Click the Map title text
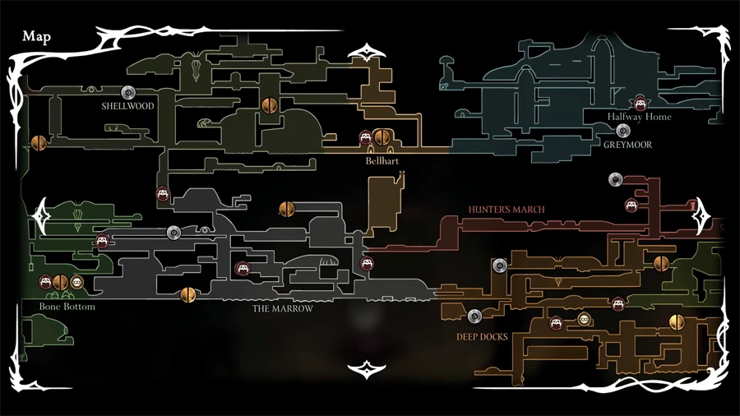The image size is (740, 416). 36,37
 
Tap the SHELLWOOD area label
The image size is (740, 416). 128,106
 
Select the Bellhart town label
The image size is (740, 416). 382,161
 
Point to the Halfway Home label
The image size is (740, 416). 639,117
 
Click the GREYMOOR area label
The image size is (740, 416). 627,145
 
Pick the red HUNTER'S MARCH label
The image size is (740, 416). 506,210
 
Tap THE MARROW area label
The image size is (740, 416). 282,309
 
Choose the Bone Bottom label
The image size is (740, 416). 67,307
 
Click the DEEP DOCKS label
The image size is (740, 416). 482,337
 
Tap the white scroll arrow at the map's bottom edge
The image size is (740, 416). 367,370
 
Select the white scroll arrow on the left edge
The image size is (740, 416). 42,216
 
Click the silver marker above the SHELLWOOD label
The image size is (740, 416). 128,92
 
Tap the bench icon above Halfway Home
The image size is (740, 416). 640,104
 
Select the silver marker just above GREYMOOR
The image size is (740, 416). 623,131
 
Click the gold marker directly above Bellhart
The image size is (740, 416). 382,137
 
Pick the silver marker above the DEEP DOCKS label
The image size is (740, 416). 474,316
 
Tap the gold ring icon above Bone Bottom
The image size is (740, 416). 76,283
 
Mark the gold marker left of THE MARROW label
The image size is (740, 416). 187,295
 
